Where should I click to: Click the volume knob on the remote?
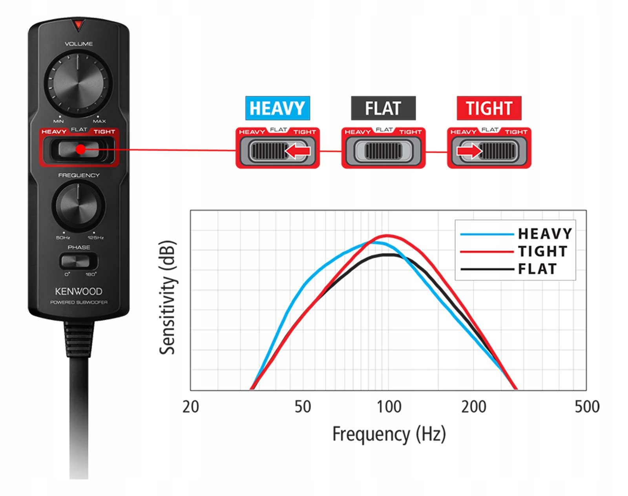78,83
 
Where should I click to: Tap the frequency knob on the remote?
78,207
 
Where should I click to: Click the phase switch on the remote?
78,262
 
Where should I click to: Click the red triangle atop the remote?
78,26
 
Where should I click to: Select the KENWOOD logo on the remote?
78,291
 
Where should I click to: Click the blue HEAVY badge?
277,108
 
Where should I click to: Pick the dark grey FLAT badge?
383,108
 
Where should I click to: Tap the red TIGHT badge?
489,108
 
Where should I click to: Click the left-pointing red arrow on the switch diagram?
297,151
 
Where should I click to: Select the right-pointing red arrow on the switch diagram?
469,151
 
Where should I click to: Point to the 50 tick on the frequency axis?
303,407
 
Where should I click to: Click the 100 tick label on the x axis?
389,407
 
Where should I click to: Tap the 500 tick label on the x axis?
587,407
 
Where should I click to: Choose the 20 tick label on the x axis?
191,407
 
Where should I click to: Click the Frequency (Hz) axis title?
389,434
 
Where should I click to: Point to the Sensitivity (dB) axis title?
168,298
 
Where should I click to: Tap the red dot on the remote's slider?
80,150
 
